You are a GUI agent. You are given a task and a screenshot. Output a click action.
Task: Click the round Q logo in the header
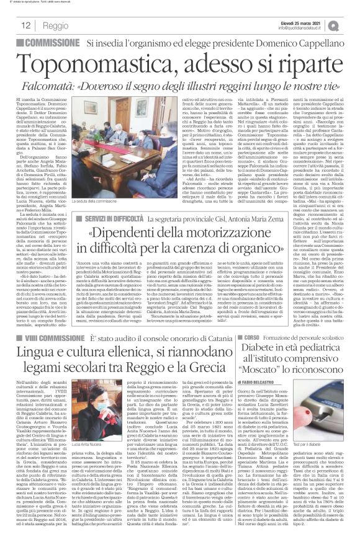tap(350, 25)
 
